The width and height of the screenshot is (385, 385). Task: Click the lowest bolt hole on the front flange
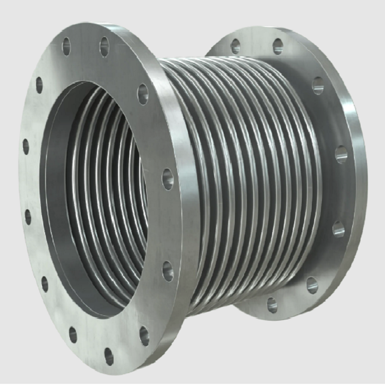(109, 356)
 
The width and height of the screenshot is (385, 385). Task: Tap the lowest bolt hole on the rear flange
(272, 305)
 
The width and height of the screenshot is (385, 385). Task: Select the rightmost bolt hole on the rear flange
(341, 154)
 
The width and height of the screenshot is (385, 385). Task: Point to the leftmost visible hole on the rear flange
(235, 46)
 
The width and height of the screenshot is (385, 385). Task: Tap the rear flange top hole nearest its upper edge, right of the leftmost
(278, 46)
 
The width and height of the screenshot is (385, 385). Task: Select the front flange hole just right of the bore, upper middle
(167, 179)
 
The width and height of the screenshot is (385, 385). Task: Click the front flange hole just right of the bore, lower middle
(168, 271)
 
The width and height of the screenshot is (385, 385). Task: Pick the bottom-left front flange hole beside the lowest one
(73, 334)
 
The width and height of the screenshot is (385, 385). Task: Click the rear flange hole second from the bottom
(312, 285)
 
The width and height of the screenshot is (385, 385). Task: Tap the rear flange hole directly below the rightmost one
(338, 229)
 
